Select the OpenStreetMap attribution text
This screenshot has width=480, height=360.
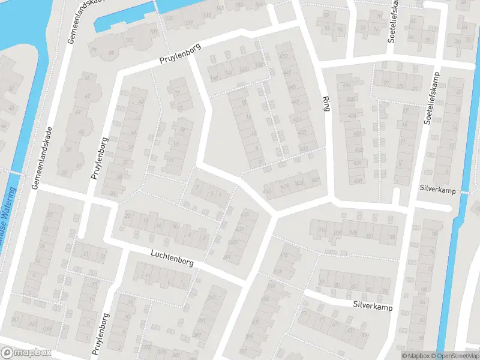pos(454,356)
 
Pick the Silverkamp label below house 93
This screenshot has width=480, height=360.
pos(372,305)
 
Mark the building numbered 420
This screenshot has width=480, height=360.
pos(358,180)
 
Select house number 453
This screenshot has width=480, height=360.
pos(283,56)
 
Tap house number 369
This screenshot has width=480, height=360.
pos(47,329)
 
